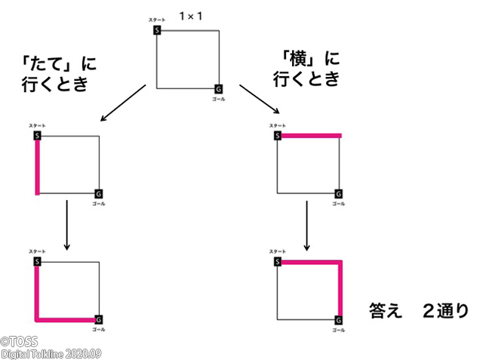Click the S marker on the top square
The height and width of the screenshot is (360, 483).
pos(157,29)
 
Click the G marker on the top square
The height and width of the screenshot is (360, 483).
pos(218,88)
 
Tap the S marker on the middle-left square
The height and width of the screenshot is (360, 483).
pos(37,135)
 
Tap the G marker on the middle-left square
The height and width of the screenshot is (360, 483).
pos(97,194)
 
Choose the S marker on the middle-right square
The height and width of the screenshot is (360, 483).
pos(278,135)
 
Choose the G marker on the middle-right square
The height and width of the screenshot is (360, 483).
pos(338,194)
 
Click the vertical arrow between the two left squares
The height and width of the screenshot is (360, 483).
pos(67,224)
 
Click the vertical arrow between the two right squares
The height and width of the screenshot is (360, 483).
pos(307,224)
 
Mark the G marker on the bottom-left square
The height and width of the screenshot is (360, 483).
pos(97,319)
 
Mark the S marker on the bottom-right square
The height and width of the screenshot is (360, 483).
pos(278,261)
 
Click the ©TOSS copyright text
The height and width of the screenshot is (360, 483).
pos(20,342)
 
